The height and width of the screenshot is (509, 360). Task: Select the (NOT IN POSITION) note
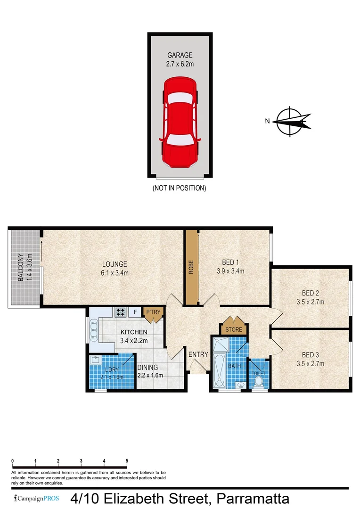pos(179,188)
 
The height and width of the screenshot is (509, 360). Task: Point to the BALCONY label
pos(20,268)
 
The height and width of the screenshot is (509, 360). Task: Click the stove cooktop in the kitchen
pos(120,312)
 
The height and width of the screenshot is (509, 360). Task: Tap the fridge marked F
pos(136,312)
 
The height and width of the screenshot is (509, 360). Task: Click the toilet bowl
pos(258,382)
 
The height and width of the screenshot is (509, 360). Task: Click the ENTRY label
pos(198,355)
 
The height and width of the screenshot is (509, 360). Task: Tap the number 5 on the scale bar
pos(127,460)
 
